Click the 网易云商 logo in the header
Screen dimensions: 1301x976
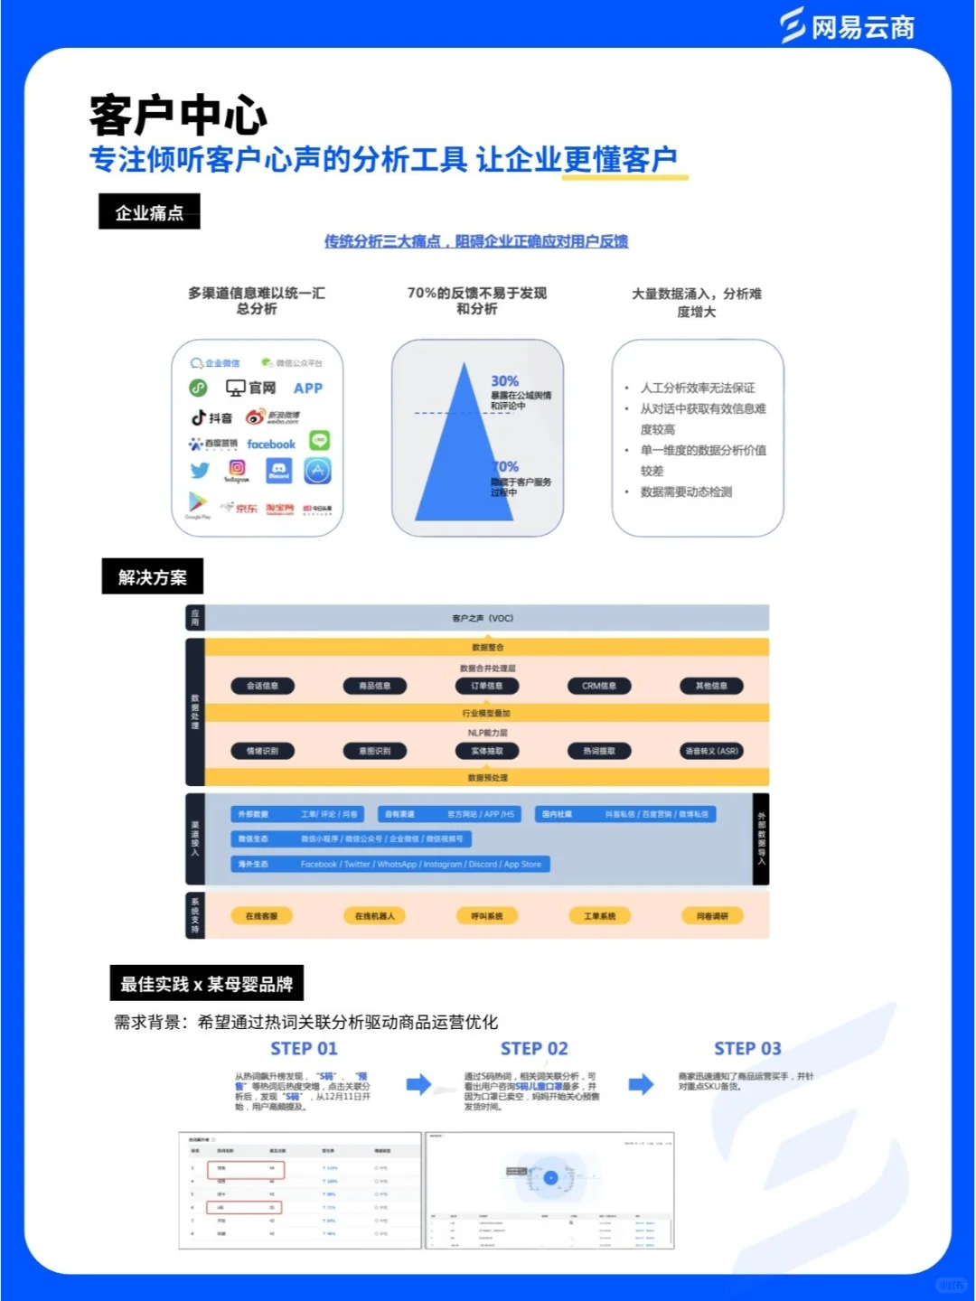tap(848, 26)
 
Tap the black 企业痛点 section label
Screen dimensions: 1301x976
tap(149, 212)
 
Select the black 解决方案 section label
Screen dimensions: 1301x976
tap(152, 577)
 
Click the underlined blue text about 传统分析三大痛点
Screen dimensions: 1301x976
tap(476, 241)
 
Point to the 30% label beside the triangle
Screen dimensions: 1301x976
tap(504, 381)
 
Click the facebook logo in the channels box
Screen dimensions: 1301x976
tap(271, 445)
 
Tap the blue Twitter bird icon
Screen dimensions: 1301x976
tap(200, 470)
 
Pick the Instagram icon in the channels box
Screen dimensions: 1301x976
tap(237, 468)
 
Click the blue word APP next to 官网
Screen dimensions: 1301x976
tap(308, 388)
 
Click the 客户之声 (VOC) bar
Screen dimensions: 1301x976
tap(486, 618)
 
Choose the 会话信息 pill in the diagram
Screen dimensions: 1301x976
tap(263, 686)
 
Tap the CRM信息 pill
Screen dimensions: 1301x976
tap(599, 686)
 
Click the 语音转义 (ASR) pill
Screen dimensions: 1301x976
tap(711, 751)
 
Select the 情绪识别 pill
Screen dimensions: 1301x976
tap(263, 751)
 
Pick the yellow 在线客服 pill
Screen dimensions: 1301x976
tap(262, 916)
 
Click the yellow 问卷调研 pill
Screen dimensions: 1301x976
tap(712, 916)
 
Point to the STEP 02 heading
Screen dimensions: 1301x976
tap(534, 1049)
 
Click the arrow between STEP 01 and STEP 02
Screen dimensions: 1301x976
tap(418, 1084)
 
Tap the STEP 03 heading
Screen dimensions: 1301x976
tap(747, 1049)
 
